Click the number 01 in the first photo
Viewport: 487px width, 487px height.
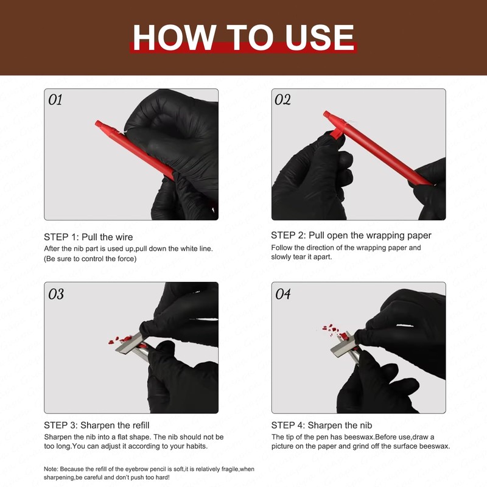(x=55, y=100)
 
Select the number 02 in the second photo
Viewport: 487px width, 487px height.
(x=282, y=100)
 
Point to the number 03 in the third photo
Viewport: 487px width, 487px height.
(x=56, y=294)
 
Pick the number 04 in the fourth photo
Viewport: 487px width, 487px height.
(x=283, y=294)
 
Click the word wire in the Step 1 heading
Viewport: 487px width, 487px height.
(x=124, y=237)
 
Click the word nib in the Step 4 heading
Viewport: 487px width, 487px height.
(x=366, y=425)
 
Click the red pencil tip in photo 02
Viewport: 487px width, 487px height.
(x=328, y=114)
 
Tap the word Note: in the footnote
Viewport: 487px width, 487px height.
(x=51, y=469)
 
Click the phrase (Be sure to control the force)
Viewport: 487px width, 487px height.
(x=90, y=259)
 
